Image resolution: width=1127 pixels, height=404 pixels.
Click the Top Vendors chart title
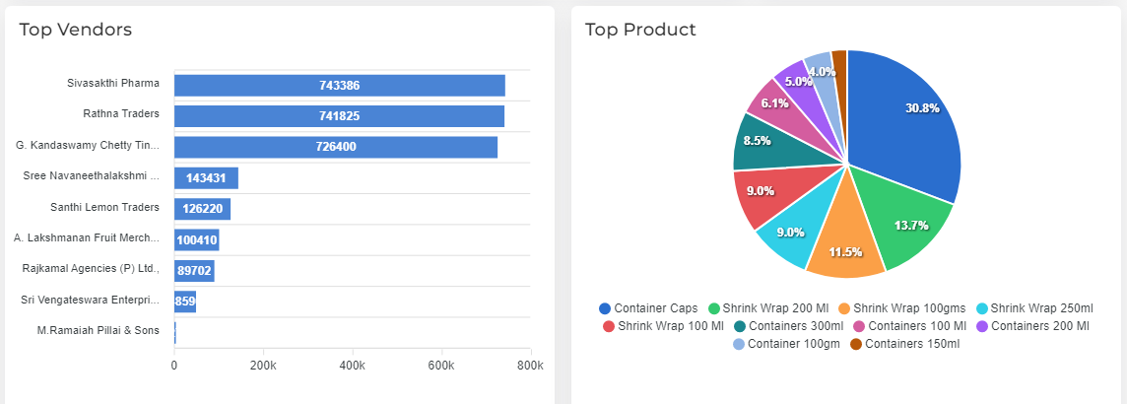point(75,30)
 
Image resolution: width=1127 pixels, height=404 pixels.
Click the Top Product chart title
point(640,30)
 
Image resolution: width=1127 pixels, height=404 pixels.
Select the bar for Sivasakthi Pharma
point(339,86)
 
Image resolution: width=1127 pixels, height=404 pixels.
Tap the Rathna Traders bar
point(339,116)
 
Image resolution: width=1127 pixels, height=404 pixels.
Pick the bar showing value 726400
point(335,147)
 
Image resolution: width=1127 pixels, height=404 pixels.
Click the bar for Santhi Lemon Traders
point(202,209)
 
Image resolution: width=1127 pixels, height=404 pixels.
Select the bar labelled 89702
point(194,271)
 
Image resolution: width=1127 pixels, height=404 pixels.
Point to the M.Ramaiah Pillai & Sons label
point(98,330)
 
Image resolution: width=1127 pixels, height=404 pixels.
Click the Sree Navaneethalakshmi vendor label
point(91,176)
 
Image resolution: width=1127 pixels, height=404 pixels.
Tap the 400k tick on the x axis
point(353,366)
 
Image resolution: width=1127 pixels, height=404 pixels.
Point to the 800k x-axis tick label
point(530,366)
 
